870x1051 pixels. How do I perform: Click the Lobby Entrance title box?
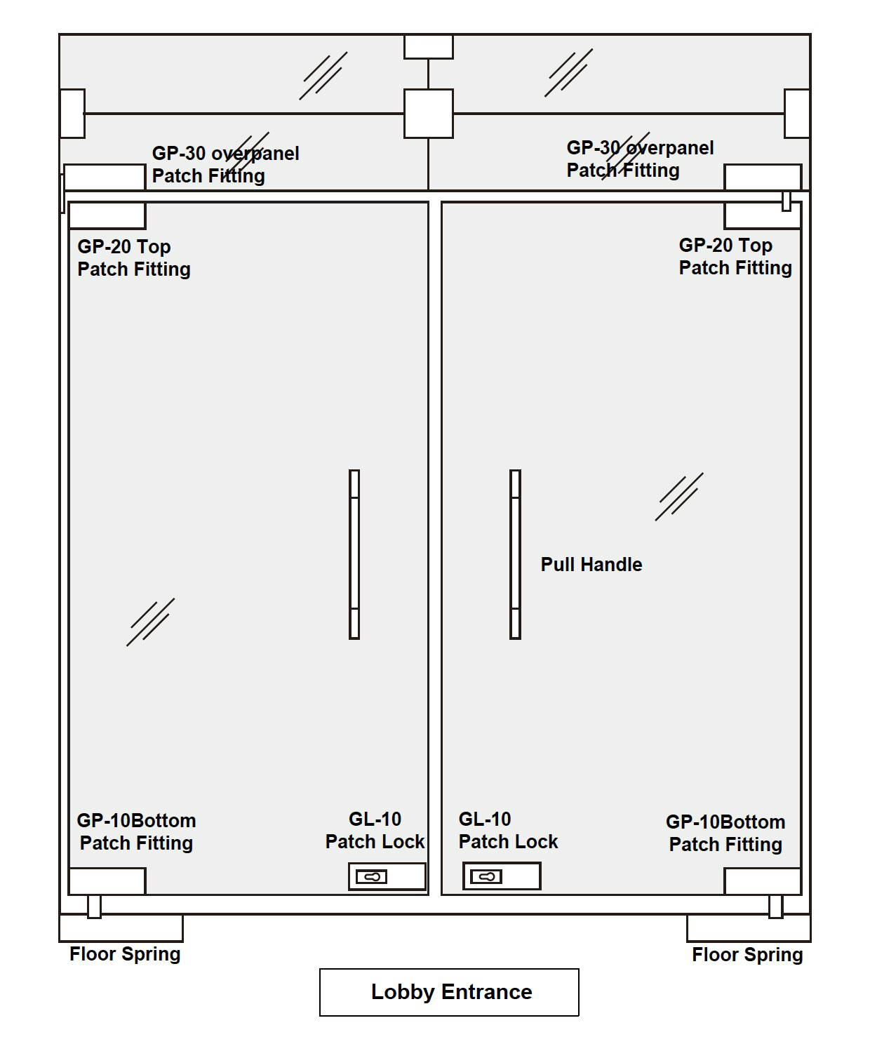[x=449, y=992]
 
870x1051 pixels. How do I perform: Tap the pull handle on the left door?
[x=354, y=554]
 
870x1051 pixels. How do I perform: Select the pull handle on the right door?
[x=515, y=554]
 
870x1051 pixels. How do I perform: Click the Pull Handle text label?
[x=591, y=564]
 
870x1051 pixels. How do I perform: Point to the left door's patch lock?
[x=387, y=876]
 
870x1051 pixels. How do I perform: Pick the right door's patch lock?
[x=502, y=876]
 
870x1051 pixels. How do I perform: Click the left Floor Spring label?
[x=125, y=954]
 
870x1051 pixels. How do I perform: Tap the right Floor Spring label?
[x=747, y=955]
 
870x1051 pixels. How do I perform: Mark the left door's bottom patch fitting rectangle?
[x=107, y=881]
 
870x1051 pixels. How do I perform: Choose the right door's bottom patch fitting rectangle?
[x=763, y=881]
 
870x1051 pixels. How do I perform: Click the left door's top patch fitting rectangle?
[x=107, y=215]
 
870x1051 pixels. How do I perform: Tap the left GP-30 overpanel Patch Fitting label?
[x=225, y=165]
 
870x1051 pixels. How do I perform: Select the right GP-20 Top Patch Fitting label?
[x=735, y=257]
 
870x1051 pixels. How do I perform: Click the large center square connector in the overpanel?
[x=429, y=114]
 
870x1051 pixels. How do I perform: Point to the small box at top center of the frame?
[x=429, y=47]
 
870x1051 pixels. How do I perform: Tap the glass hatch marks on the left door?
[x=151, y=622]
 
